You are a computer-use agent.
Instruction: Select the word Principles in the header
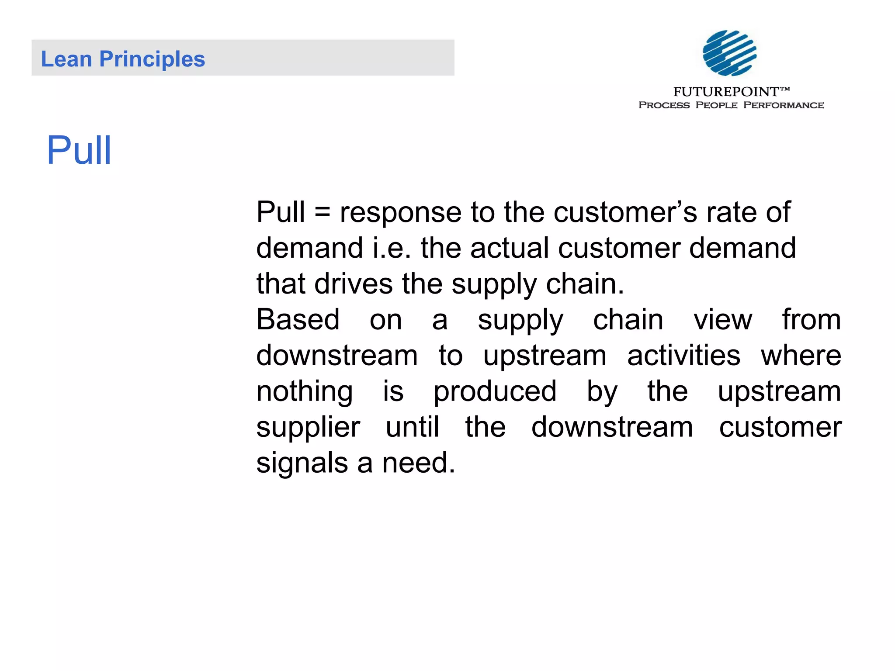[152, 59]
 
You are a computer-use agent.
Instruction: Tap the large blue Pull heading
[79, 150]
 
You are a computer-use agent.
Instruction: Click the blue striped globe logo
[729, 53]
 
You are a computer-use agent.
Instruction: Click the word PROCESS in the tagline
[664, 105]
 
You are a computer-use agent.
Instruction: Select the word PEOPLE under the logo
[716, 105]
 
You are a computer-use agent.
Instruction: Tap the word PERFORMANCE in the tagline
[783, 105]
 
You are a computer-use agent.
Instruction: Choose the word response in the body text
[400, 213]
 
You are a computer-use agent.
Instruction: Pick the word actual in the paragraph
[509, 248]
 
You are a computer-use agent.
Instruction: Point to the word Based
[298, 319]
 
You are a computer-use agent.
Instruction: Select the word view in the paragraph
[723, 319]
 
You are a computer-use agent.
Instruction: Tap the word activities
[683, 355]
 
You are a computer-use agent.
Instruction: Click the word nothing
[304, 391]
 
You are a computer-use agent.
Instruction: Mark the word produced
[495, 391]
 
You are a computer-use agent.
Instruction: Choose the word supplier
[308, 427]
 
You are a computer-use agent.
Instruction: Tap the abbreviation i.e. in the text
[392, 248]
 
